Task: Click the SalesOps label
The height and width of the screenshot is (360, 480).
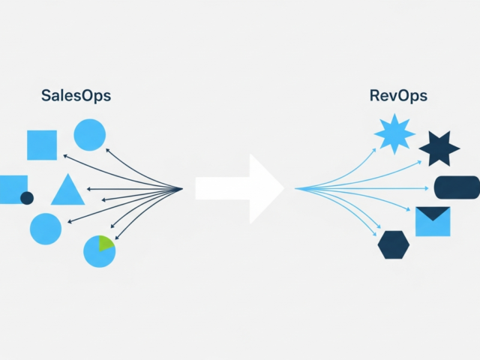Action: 77,95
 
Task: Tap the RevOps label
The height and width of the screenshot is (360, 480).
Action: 399,95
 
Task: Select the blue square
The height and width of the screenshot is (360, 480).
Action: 42,145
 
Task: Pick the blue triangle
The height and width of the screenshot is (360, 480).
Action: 67,192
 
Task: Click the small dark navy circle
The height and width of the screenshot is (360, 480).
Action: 27,198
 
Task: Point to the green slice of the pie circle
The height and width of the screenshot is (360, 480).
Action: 105,244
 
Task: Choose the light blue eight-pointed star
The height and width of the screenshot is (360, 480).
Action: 394,134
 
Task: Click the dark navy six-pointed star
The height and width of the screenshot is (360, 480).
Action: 439,148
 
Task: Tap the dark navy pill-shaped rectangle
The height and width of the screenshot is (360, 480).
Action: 457,187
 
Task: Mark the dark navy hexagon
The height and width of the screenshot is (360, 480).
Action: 394,244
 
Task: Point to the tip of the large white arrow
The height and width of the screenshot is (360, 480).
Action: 283,189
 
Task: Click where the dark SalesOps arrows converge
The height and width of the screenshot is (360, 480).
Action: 182,188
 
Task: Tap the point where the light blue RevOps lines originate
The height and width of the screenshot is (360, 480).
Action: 297,189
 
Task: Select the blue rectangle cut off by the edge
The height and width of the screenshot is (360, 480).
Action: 12,188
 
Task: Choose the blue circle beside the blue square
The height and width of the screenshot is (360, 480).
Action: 89,135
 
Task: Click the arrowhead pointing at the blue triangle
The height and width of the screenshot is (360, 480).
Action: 90,189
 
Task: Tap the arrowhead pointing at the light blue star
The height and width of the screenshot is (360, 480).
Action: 375,148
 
